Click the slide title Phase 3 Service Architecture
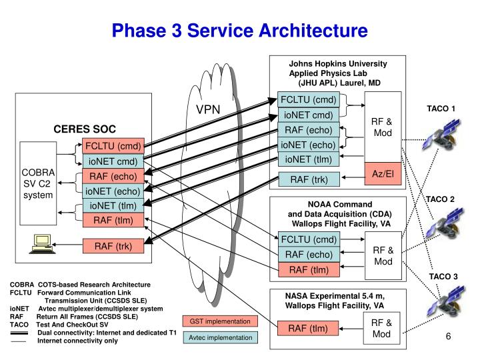point(239,30)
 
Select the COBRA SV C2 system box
point(38,183)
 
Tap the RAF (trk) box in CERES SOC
point(113,246)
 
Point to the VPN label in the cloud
point(208,109)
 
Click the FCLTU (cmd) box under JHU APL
point(309,101)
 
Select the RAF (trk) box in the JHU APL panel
point(309,179)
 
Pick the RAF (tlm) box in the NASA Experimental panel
point(308,327)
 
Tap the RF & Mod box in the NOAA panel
point(383,255)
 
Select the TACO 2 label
point(441,199)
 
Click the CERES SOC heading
point(85,129)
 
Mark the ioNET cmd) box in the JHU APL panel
point(309,115)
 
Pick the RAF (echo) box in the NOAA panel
point(308,254)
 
